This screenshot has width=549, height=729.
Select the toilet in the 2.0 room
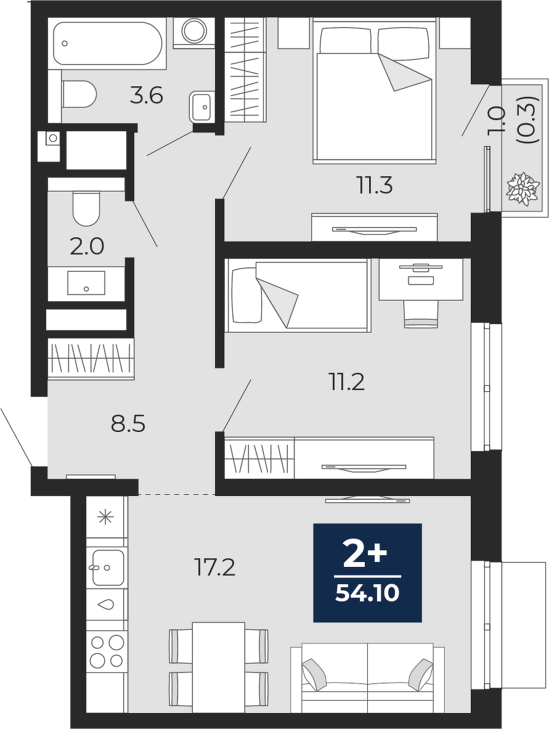click(x=86, y=207)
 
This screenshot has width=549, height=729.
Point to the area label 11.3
click(x=375, y=186)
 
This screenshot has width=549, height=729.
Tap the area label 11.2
click(x=347, y=383)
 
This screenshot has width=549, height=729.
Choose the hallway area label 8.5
click(x=128, y=425)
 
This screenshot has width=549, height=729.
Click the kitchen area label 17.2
click(x=214, y=568)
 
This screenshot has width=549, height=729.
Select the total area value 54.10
click(x=367, y=593)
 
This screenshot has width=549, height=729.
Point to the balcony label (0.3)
click(x=531, y=120)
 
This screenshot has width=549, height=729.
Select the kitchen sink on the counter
click(x=107, y=568)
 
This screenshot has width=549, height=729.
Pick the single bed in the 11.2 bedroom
click(x=298, y=296)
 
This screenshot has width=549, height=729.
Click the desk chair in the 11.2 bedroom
click(x=421, y=313)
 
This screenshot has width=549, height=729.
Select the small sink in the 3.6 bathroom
click(x=201, y=107)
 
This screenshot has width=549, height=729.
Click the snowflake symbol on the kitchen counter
click(x=107, y=517)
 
